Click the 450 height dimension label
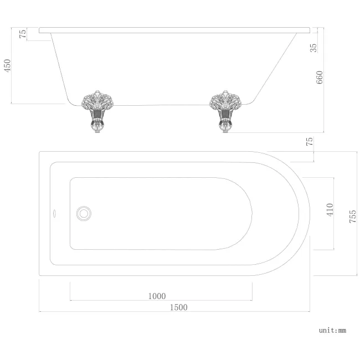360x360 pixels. pyautogui.click(x=8, y=66)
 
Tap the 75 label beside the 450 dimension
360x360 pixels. pyautogui.click(x=23, y=34)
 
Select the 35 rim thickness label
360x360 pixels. pyautogui.click(x=314, y=47)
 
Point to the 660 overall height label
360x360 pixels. pyautogui.click(x=320, y=78)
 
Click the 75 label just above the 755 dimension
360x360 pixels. pyautogui.click(x=310, y=141)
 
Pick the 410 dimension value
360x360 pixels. pyautogui.click(x=330, y=210)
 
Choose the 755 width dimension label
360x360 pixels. pyautogui.click(x=352, y=213)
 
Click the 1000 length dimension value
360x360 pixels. pyautogui.click(x=157, y=296)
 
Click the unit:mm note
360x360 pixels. pyautogui.click(x=332, y=330)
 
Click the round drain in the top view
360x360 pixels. pyautogui.click(x=84, y=213)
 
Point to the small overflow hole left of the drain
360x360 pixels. pyautogui.click(x=54, y=213)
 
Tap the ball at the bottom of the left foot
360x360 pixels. pyautogui.click(x=98, y=127)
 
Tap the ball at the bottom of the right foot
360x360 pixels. pyautogui.click(x=226, y=127)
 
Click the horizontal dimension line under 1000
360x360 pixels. pyautogui.click(x=161, y=301)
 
